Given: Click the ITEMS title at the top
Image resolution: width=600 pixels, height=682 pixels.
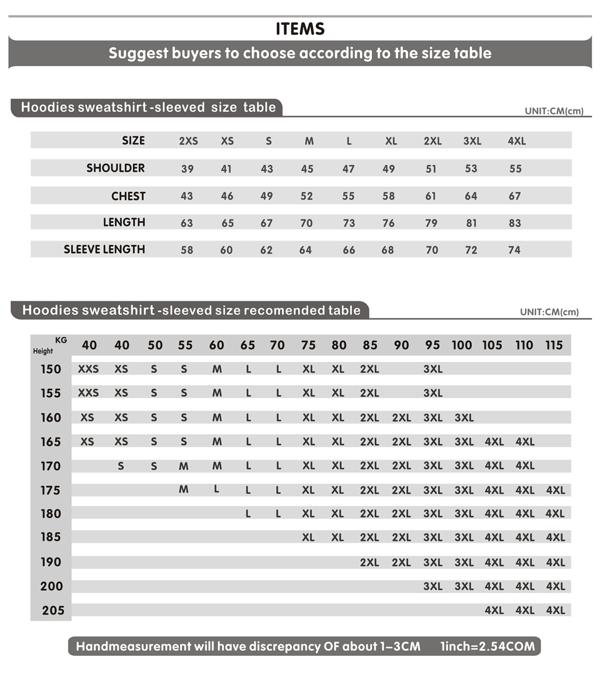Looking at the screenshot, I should click(300, 29).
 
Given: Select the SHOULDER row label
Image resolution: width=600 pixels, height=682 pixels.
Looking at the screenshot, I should click(116, 168).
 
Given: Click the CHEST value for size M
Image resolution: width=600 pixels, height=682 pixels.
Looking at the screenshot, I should click(307, 196).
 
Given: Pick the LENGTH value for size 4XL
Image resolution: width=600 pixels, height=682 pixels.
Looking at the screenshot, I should click(514, 223).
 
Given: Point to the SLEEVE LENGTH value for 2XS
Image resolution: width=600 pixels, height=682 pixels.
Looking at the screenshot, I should click(187, 250).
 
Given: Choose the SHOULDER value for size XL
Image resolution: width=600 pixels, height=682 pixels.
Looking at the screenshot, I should click(389, 169).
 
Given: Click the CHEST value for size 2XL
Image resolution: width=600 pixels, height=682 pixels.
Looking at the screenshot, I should click(431, 196).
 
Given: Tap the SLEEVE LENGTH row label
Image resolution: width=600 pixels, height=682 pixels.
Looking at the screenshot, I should click(104, 249).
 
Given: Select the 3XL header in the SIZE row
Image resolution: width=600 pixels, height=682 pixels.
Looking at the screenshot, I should click(472, 141).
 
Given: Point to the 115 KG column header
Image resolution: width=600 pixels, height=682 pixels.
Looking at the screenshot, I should click(554, 345).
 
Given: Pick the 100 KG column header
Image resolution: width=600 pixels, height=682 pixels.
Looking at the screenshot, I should click(462, 345).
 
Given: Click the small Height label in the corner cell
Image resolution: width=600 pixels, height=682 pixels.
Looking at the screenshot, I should click(43, 351).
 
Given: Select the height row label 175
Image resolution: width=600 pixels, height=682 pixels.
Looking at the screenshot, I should click(51, 490).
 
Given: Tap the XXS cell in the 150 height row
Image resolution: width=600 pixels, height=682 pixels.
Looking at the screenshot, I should click(88, 369).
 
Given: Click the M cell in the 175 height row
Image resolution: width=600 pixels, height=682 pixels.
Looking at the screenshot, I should click(184, 489).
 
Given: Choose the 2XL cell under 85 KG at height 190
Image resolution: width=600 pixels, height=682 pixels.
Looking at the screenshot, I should click(369, 563).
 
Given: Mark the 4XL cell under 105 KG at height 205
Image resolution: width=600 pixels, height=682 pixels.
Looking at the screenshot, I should click(494, 610).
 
